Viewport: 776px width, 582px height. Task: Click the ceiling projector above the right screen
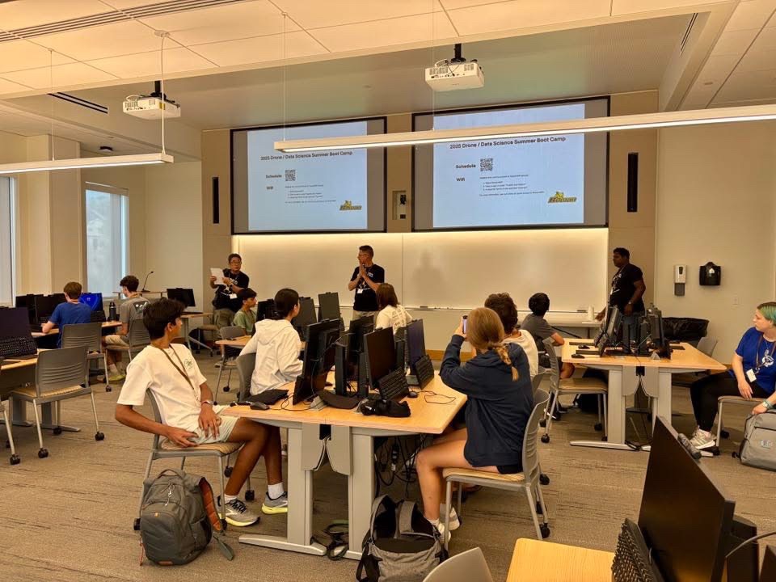[x=454, y=74]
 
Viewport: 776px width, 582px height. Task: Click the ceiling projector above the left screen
[x=151, y=106]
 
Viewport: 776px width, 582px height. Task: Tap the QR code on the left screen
[x=289, y=175]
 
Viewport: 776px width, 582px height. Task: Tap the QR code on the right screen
[x=486, y=164]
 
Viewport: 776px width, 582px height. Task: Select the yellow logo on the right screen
[x=562, y=197]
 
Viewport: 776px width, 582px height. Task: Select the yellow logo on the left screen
[x=350, y=206]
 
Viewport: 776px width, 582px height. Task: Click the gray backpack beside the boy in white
[x=176, y=517]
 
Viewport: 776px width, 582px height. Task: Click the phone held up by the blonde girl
[x=464, y=324]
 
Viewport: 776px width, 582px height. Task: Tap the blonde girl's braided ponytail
[x=507, y=358]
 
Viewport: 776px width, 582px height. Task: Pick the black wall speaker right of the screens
[x=632, y=182]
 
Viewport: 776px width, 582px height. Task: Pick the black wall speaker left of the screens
[x=216, y=200]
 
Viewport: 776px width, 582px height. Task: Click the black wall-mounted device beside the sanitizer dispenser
[x=710, y=274]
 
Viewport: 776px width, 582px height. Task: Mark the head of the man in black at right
[x=621, y=258]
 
